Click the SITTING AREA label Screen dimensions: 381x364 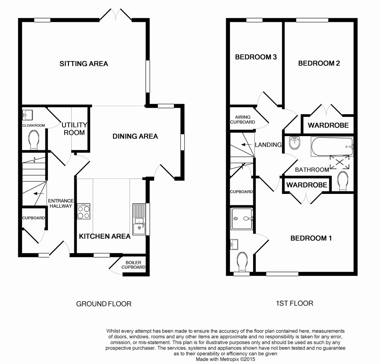(x=84, y=63)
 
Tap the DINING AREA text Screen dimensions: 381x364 (x=135, y=136)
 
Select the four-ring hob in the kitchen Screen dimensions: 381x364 (x=84, y=211)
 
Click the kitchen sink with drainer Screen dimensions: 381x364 (x=139, y=219)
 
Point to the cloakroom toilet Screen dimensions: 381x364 (x=34, y=140)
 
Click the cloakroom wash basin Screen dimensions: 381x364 (x=28, y=115)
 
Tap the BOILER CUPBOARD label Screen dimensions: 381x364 (x=133, y=265)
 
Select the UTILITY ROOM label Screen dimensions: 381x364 (x=74, y=129)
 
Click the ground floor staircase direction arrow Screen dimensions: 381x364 (x=38, y=194)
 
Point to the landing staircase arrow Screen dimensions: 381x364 (x=246, y=145)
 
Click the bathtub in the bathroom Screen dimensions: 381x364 (x=332, y=147)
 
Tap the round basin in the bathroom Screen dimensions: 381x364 (x=294, y=143)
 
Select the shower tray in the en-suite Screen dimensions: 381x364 (x=242, y=219)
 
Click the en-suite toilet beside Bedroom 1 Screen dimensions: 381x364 (x=242, y=262)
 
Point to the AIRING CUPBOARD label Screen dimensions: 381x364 (x=243, y=119)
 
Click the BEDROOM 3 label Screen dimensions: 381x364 (x=256, y=57)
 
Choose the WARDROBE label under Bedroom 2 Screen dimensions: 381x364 (x=328, y=125)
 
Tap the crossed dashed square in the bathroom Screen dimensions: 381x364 (x=339, y=162)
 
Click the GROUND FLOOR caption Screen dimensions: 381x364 (x=104, y=304)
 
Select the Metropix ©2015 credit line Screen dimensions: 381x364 (x=225, y=359)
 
